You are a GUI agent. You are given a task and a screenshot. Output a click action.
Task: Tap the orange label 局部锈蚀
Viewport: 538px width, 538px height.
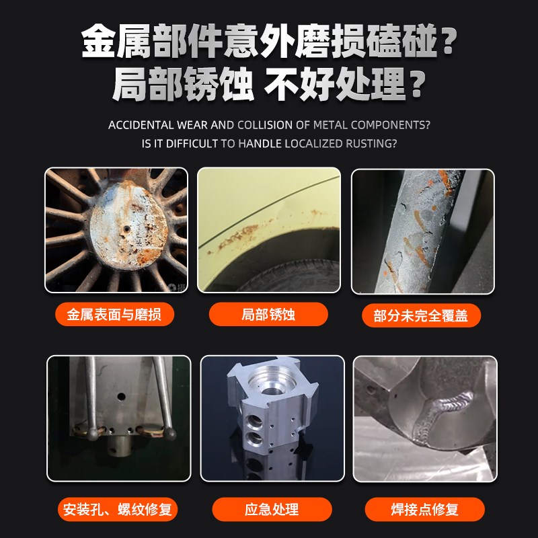click(268, 314)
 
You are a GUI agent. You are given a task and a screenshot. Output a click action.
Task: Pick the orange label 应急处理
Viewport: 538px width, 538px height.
click(272, 509)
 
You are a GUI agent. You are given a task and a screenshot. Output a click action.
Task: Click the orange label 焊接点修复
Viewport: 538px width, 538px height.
click(424, 509)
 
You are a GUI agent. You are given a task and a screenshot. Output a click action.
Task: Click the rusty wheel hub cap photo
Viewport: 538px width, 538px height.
click(116, 230)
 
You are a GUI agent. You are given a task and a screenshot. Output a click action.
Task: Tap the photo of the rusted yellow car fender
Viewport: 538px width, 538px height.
click(269, 230)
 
